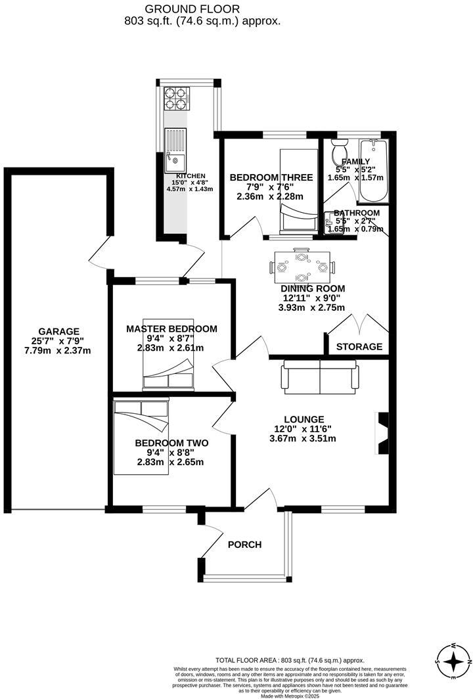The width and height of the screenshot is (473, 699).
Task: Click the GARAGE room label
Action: pyautogui.click(x=58, y=331)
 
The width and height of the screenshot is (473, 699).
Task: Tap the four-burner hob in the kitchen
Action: pyautogui.click(x=175, y=98)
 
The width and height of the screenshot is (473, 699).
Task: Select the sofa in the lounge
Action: pyautogui.click(x=320, y=376)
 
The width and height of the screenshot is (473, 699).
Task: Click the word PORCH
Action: pyautogui.click(x=244, y=545)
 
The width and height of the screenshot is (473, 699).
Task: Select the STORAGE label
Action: pyautogui.click(x=359, y=346)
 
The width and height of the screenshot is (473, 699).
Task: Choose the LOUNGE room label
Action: pyautogui.click(x=304, y=419)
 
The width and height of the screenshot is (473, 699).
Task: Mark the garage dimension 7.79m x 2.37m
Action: pyautogui.click(x=58, y=350)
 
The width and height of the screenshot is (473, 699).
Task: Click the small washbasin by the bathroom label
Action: pyautogui.click(x=330, y=221)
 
